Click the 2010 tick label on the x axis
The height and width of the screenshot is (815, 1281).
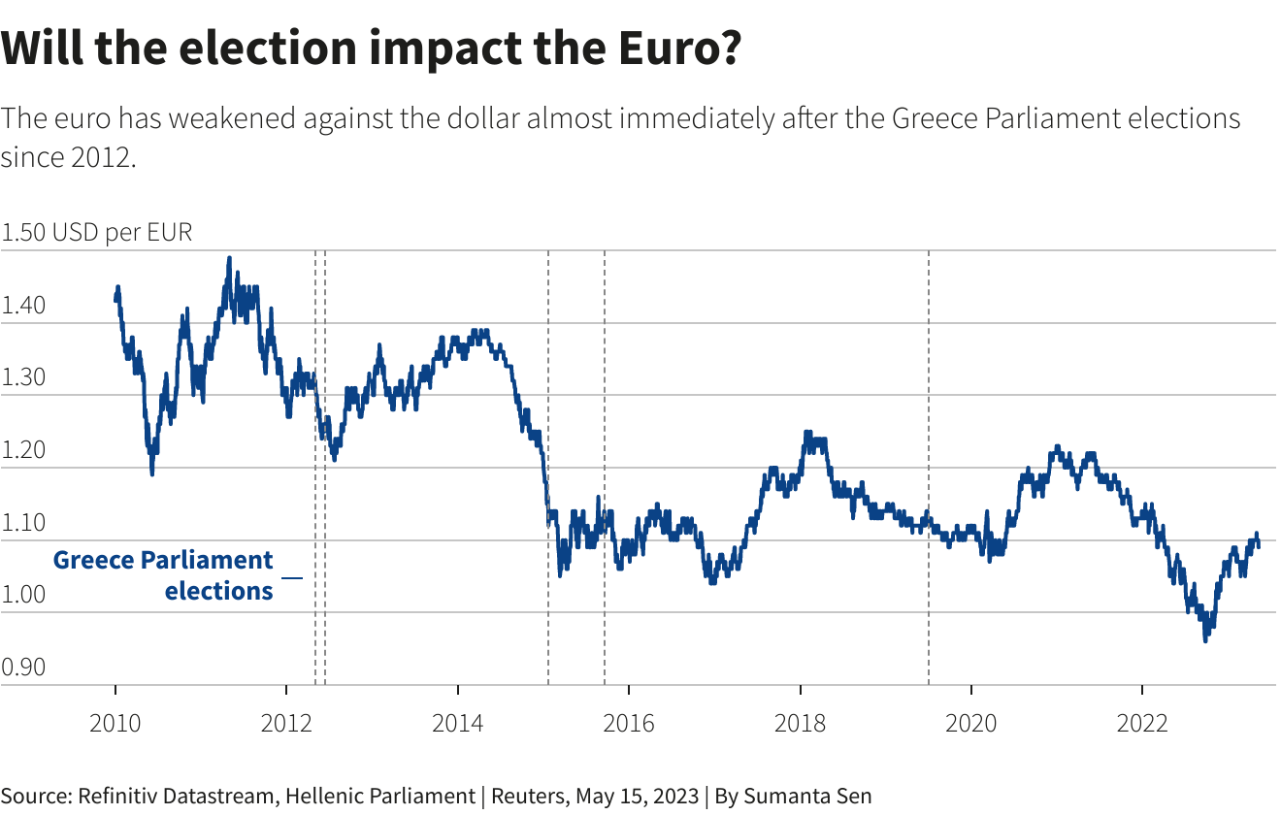pyautogui.click(x=115, y=723)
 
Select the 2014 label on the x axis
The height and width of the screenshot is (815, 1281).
pyautogui.click(x=457, y=723)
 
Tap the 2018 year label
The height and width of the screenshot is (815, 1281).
pyautogui.click(x=800, y=723)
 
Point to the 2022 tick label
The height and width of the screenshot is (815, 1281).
pyautogui.click(x=1142, y=723)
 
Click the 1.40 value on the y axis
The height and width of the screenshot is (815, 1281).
pyautogui.click(x=23, y=306)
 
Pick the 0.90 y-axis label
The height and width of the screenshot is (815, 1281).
pyautogui.click(x=23, y=668)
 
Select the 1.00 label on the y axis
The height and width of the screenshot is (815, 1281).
pyautogui.click(x=23, y=595)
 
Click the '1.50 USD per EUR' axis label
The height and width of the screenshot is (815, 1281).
pyautogui.click(x=97, y=233)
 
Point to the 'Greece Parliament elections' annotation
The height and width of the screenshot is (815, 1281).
pyautogui.click(x=165, y=575)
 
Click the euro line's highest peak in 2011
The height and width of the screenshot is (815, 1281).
pyautogui.click(x=229, y=258)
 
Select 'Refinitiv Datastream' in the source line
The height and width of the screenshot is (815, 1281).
pyautogui.click(x=175, y=796)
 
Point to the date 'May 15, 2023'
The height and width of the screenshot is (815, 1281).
pyautogui.click(x=636, y=796)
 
